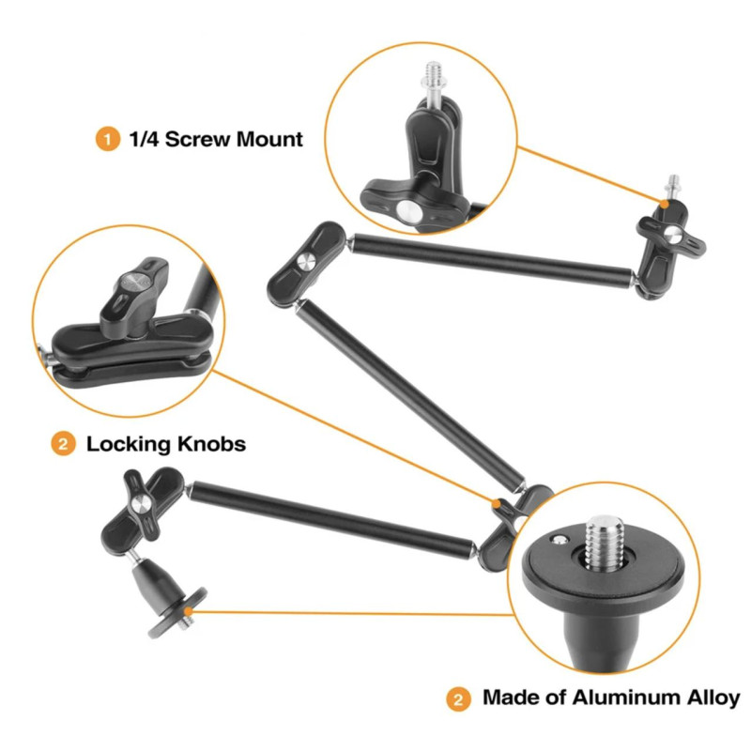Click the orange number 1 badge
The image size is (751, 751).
pos(107,139)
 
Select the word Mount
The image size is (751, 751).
pos(269,139)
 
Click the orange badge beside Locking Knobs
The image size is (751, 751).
pos(63,444)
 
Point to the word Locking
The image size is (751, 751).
pos(129,444)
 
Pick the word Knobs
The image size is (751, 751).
pos(212,444)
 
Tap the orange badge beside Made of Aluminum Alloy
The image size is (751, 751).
pos(458,699)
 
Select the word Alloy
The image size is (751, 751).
pos(713,698)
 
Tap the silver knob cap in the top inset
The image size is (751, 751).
pos(408,210)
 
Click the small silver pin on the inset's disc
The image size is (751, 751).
pos(559,540)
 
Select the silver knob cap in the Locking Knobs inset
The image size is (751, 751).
pos(134,281)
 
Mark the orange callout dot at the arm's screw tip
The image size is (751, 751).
pos(665,204)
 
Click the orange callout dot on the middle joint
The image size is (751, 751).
pos(498,503)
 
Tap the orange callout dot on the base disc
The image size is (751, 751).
pos(189,611)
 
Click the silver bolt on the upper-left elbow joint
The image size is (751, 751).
pos(305,262)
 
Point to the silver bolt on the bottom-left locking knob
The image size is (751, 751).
pos(141,504)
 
